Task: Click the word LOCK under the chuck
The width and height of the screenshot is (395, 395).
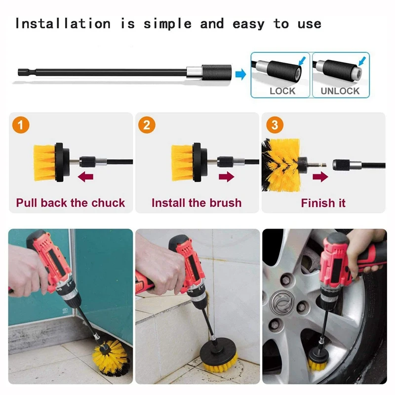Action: tap(282, 91)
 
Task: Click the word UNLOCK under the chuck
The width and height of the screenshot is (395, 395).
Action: tap(340, 91)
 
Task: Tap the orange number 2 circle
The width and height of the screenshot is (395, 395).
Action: tap(146, 125)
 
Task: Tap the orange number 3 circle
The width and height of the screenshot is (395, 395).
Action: tap(275, 125)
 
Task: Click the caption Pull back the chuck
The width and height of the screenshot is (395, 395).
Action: tap(71, 203)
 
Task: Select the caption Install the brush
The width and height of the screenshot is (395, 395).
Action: tap(197, 203)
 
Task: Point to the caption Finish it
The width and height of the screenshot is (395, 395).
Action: tap(323, 203)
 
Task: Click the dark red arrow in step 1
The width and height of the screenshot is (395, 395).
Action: tap(87, 176)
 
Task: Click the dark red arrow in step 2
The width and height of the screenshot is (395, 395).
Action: tap(225, 176)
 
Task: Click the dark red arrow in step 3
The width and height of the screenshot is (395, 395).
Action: tap(320, 176)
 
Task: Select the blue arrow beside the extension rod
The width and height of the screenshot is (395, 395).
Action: tap(240, 75)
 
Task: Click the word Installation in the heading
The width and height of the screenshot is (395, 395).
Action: tap(62, 24)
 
